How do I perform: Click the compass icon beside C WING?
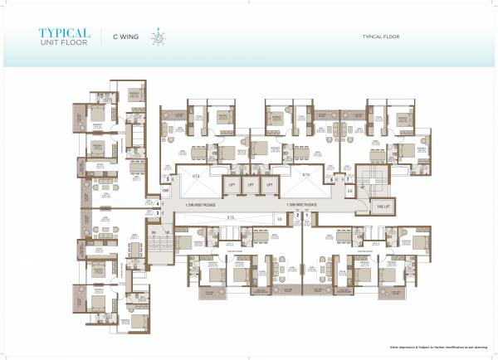click(154, 37)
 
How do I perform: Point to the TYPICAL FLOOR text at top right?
click(382, 37)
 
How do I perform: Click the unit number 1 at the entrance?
click(306, 216)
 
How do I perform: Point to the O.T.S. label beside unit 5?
click(197, 176)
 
